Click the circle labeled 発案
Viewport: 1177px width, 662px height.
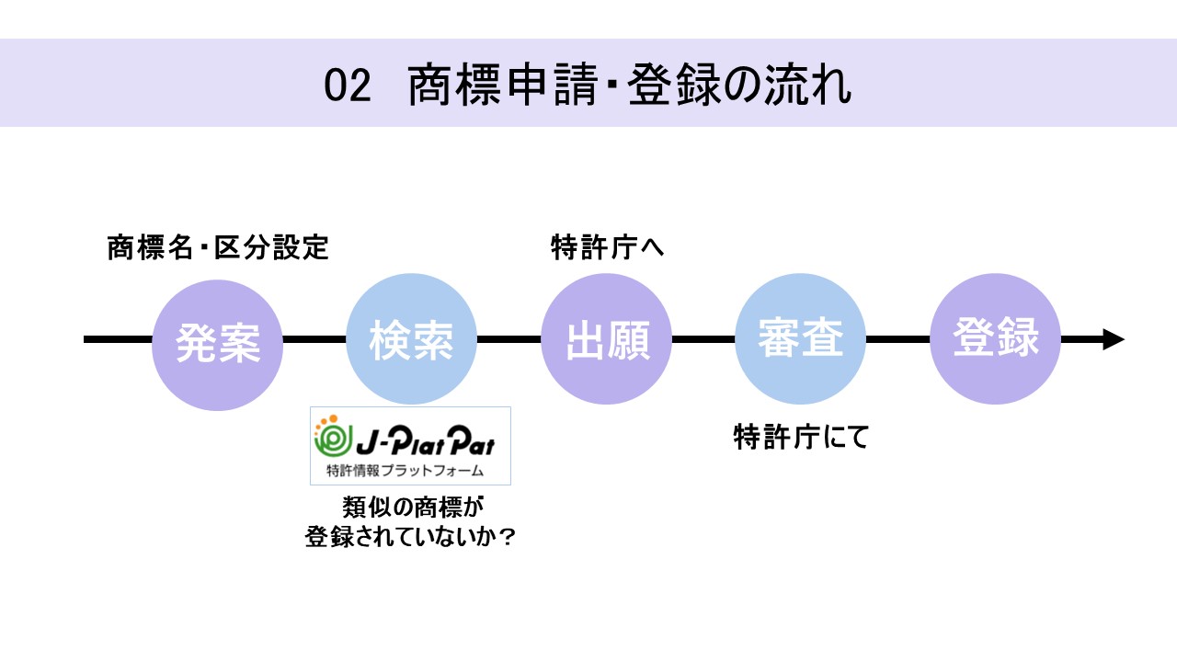[x=218, y=344]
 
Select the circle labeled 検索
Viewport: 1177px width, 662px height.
[x=412, y=340]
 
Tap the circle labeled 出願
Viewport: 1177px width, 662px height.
[x=607, y=340]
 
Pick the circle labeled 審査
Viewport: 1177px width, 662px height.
[x=800, y=340]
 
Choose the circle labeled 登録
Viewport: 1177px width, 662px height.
[x=996, y=338]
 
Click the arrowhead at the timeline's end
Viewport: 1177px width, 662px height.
[x=1113, y=339]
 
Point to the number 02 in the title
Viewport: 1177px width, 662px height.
[x=347, y=86]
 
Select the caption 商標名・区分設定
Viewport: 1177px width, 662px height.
[x=218, y=248]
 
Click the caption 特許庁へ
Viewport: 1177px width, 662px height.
[x=607, y=248]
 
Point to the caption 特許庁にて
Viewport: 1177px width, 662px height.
[x=801, y=438]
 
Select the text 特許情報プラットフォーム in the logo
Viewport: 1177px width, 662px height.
[x=405, y=472]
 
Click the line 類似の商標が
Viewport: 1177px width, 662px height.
[x=411, y=507]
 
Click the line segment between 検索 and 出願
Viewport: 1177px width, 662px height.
[x=509, y=339]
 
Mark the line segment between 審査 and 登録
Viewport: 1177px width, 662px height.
[x=898, y=339]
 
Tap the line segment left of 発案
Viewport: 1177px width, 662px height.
[x=118, y=339]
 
